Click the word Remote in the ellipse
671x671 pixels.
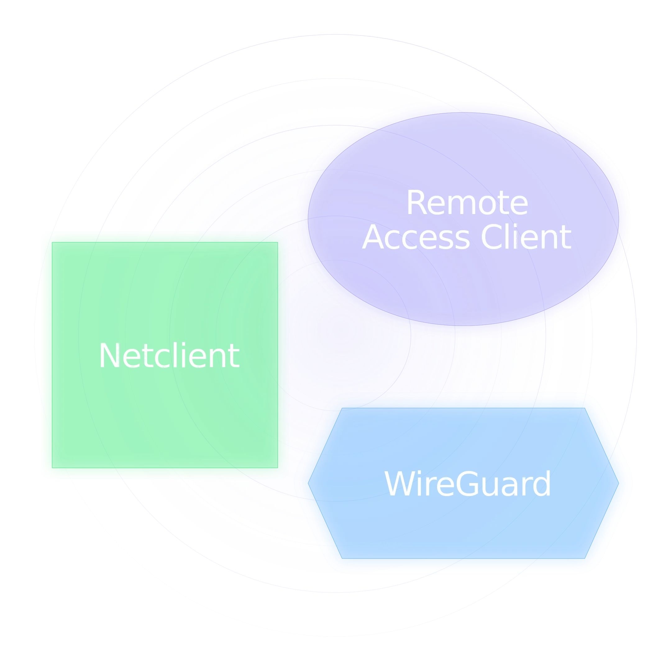pos(467,203)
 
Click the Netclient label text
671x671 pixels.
pos(169,356)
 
